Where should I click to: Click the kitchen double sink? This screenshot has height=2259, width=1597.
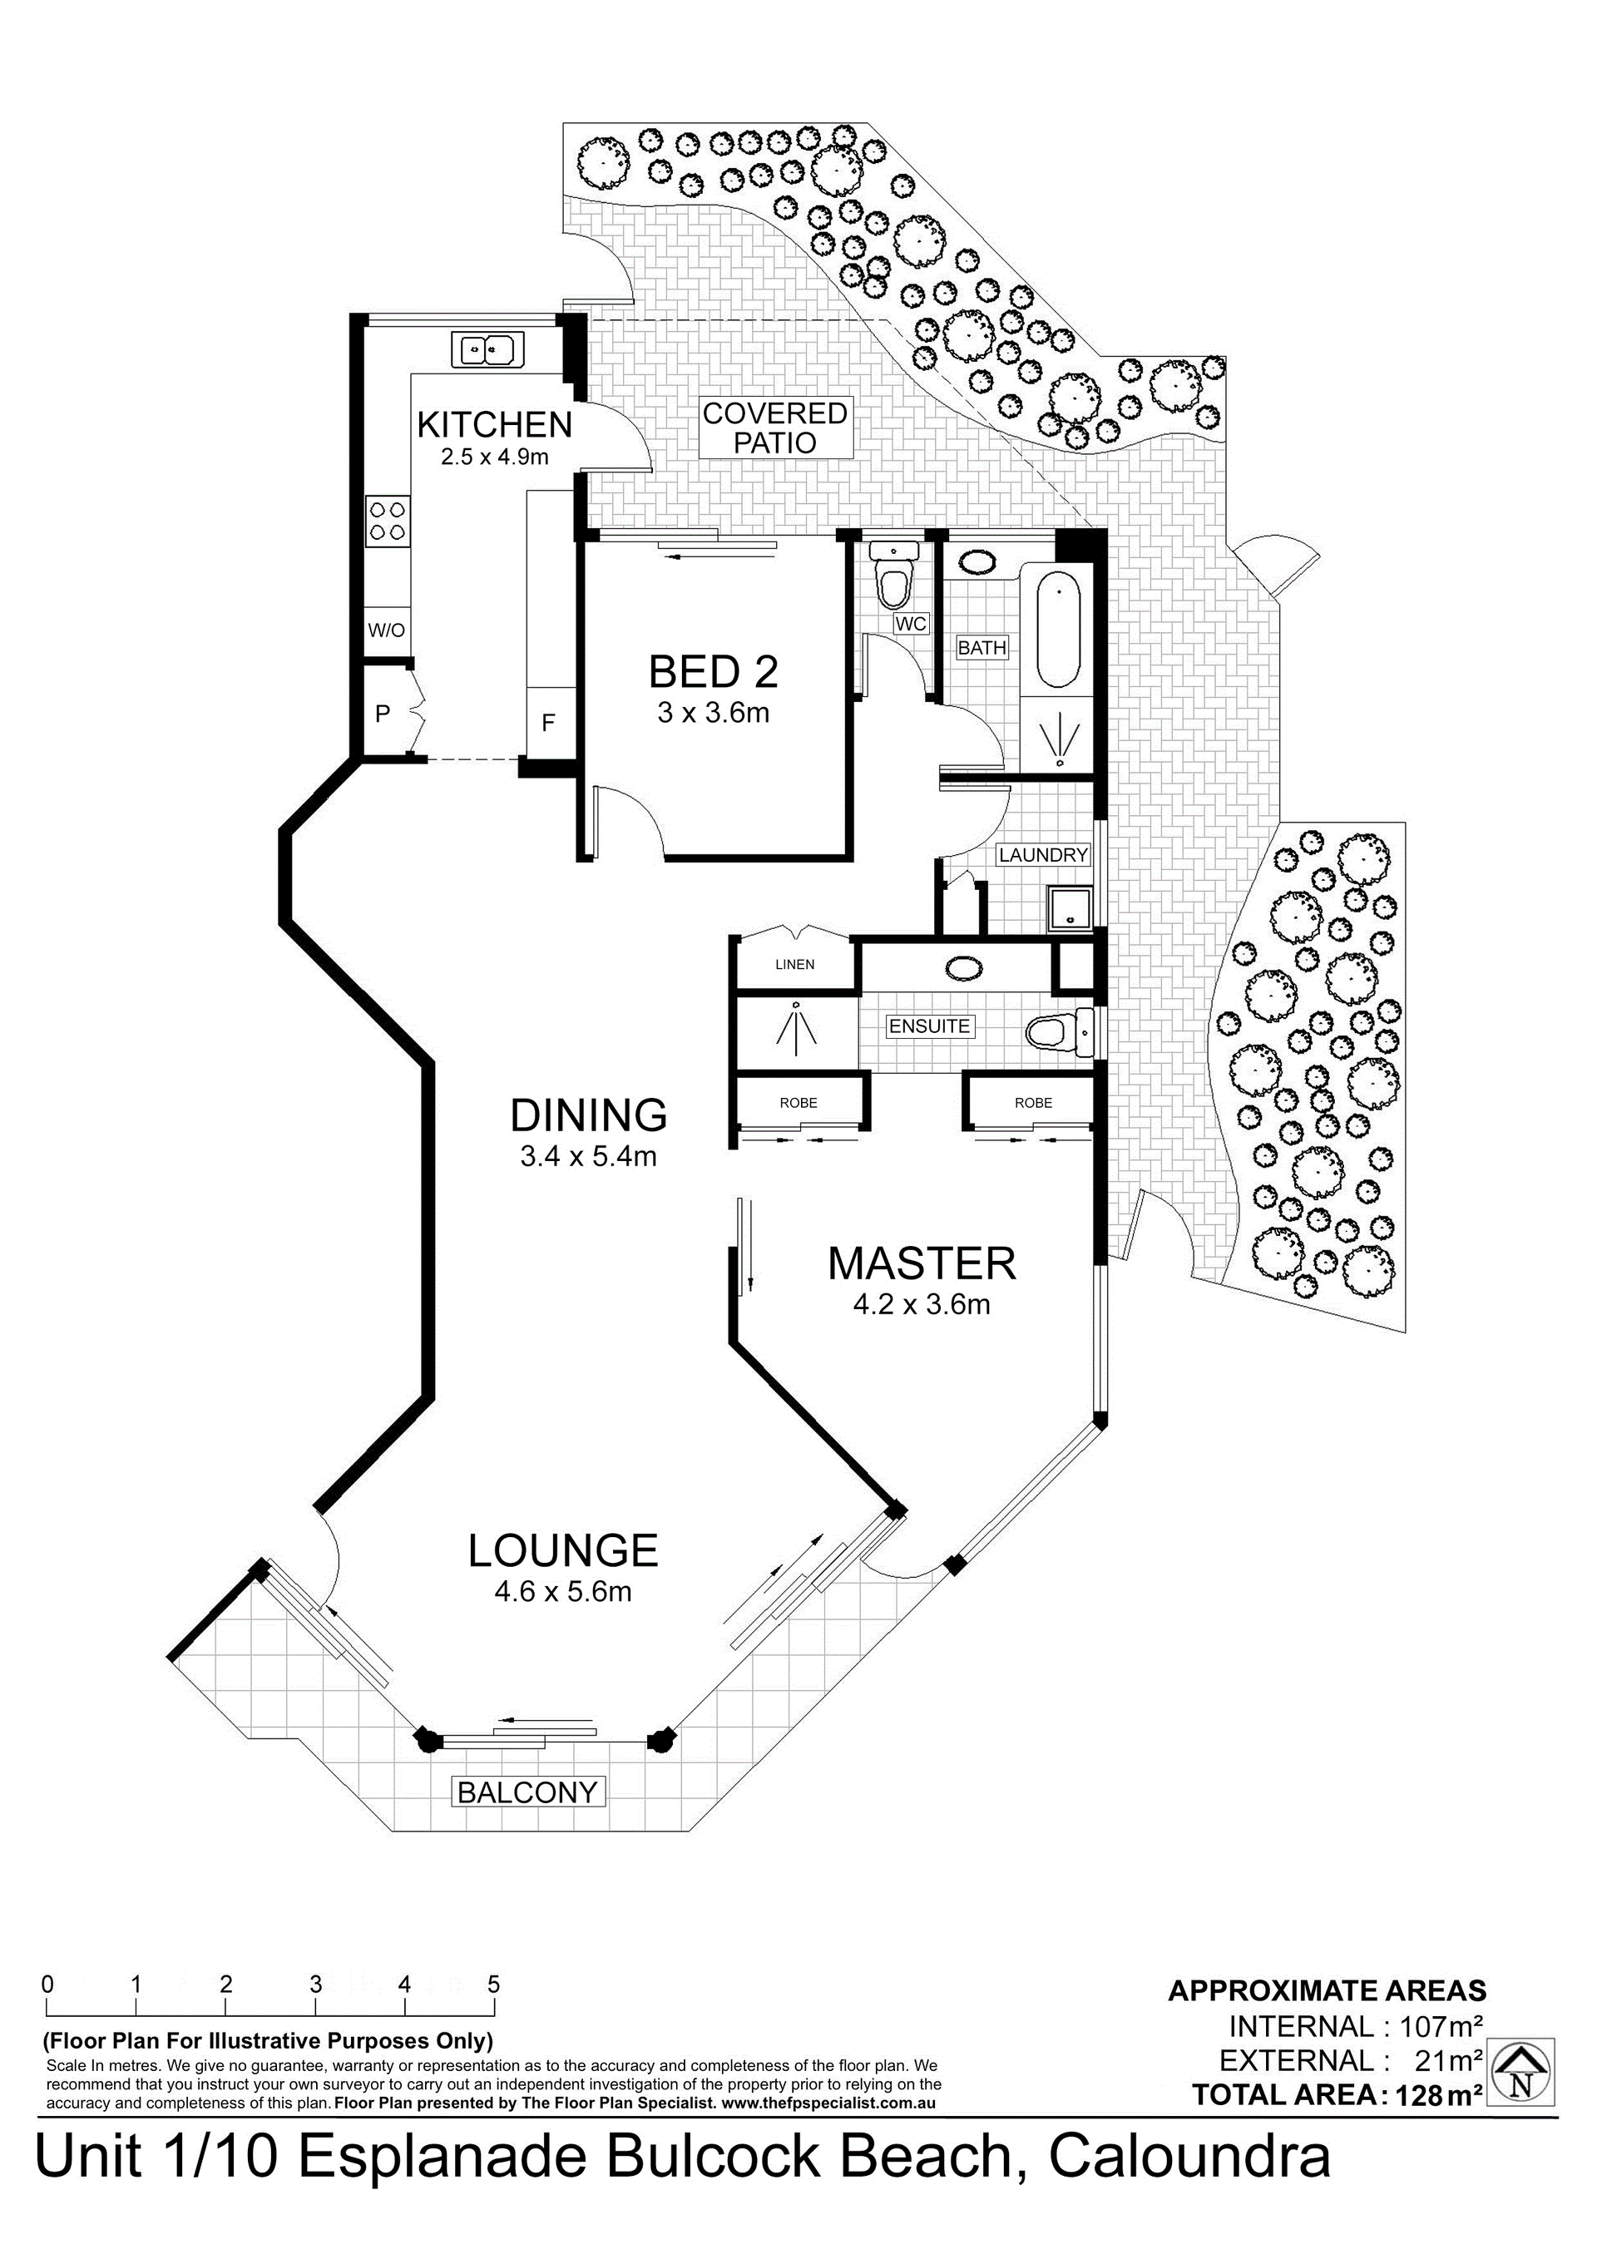(x=488, y=348)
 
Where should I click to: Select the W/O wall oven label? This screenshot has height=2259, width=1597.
(x=387, y=630)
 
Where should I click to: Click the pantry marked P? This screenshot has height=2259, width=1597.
(x=383, y=714)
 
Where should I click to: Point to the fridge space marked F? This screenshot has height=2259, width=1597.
(x=549, y=723)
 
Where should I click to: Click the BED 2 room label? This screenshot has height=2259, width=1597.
(x=714, y=672)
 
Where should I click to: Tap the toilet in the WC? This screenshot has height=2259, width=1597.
(x=893, y=576)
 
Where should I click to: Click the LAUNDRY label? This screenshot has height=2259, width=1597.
(x=1043, y=855)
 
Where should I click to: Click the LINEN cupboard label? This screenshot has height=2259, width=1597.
(x=795, y=964)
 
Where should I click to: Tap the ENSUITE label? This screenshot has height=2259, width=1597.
(x=930, y=1026)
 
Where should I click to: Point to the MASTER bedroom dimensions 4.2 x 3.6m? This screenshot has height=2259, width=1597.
(x=921, y=1305)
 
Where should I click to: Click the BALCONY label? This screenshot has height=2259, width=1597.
(x=527, y=1792)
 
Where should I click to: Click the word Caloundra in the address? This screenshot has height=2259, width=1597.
(x=1189, y=2158)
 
